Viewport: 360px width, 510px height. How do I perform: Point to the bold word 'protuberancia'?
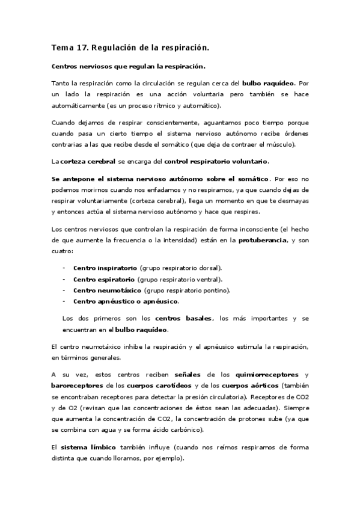pos(252,239)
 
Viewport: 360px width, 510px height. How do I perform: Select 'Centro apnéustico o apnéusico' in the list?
pos(126,301)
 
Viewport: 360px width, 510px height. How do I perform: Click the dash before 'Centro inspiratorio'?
pos(64,267)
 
